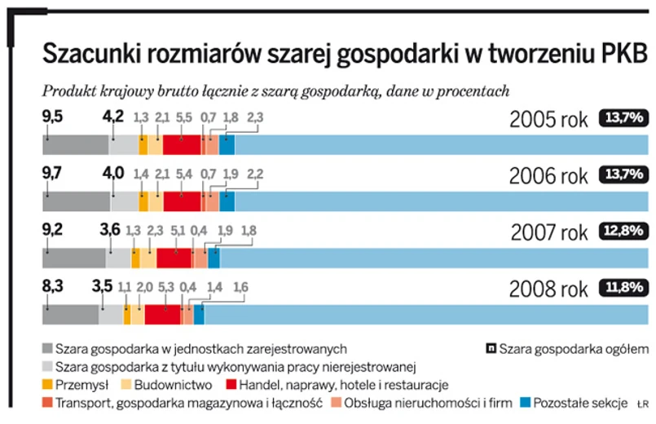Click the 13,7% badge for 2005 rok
coord(624,118)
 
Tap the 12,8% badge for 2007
coord(624,231)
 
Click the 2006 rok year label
coord(548,176)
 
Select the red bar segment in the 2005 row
coord(181,145)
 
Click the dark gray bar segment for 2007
coord(73,258)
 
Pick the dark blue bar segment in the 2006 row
coord(227,201)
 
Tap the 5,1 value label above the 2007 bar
coord(183,231)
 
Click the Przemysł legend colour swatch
coord(49,385)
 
